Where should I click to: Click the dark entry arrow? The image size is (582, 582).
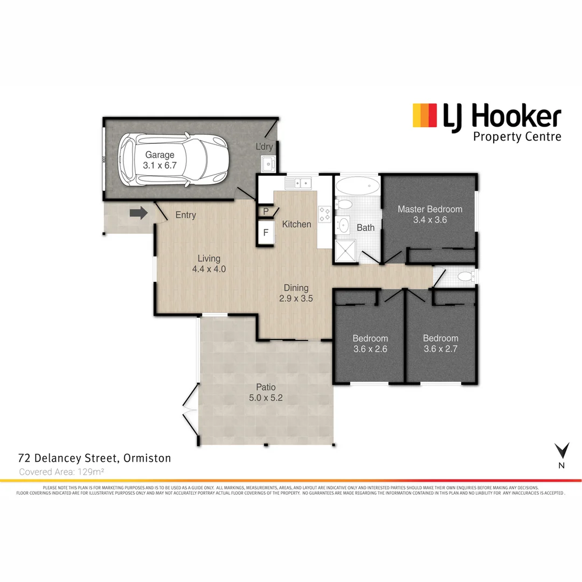(138, 214)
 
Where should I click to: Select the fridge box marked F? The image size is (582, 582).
(266, 233)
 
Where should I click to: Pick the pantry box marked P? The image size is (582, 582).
(266, 211)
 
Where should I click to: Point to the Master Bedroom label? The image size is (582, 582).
(430, 209)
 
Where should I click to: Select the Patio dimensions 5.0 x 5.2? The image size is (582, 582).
(266, 398)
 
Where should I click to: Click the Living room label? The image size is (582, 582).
(209, 259)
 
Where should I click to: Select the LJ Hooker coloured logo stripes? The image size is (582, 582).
(425, 116)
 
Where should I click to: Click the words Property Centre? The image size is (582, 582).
(517, 136)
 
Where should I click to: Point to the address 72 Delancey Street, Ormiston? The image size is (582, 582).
(94, 459)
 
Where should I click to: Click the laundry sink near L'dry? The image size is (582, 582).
(268, 163)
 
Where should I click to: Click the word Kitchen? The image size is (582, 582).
(296, 224)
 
